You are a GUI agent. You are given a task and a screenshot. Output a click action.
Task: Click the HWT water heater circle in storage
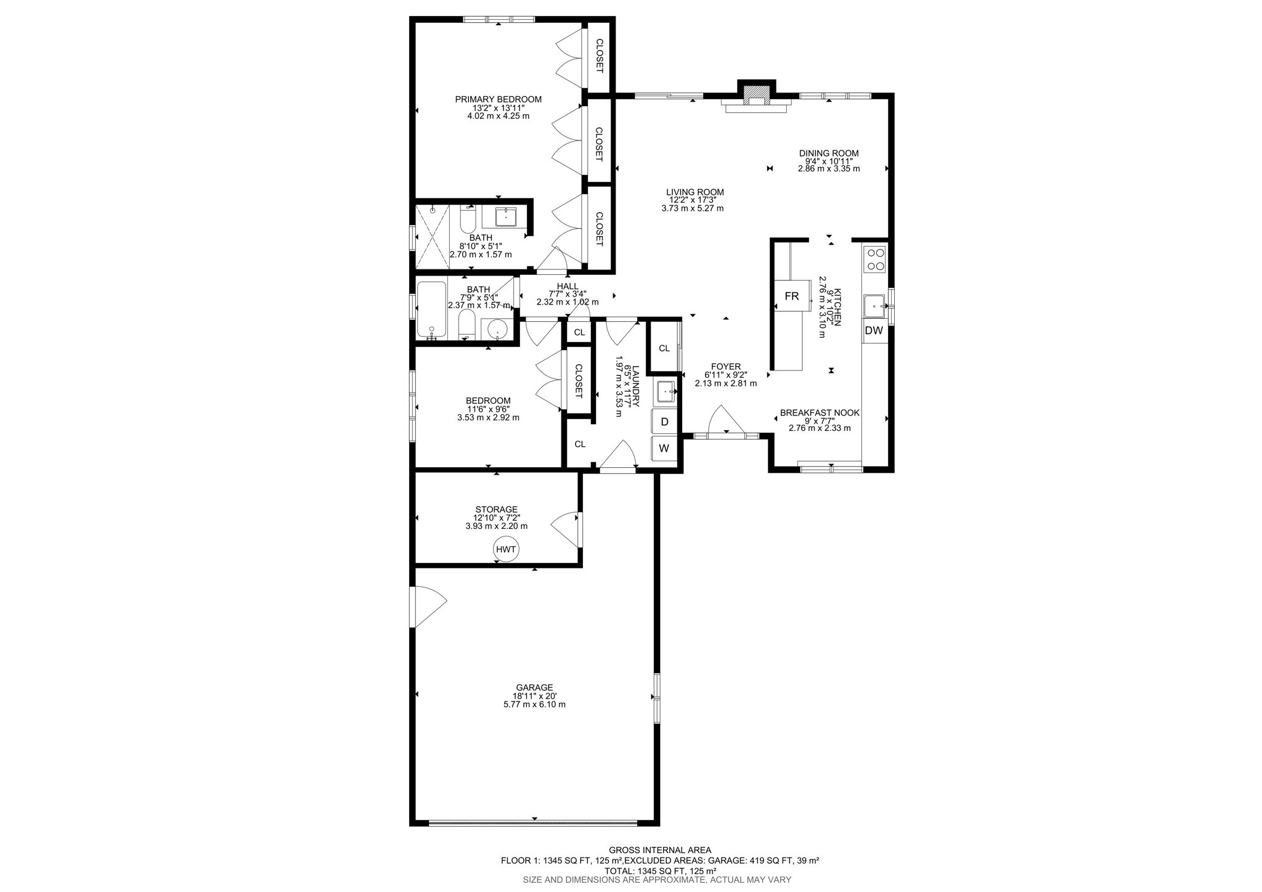tap(506, 549)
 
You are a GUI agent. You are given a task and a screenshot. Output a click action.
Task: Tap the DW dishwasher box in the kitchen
tap(874, 330)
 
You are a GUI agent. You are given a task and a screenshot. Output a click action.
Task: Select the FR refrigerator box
tap(792, 297)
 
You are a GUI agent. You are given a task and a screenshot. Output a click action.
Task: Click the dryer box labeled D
tap(664, 422)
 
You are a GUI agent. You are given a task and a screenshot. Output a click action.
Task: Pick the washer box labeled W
tap(664, 448)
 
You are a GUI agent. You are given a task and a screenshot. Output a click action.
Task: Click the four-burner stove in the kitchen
tap(875, 259)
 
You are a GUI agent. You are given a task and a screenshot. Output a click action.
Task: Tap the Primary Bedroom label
tap(498, 99)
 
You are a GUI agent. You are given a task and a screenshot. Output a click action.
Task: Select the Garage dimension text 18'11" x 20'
tap(534, 696)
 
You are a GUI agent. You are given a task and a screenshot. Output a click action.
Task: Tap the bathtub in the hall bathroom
tap(431, 309)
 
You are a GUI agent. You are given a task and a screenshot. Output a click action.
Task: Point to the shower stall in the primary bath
tap(432, 237)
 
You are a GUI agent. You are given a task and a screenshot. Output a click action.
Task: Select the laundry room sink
tap(666, 391)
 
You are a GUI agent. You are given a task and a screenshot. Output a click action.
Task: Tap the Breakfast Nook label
tap(820, 413)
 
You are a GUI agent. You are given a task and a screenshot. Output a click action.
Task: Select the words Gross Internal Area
tap(659, 849)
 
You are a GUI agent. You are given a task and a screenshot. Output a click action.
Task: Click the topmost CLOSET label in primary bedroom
tap(599, 55)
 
